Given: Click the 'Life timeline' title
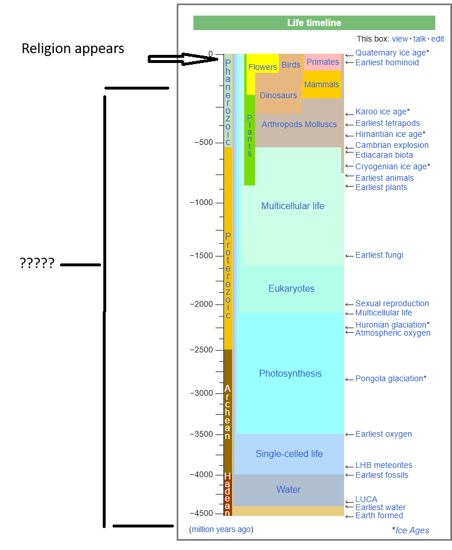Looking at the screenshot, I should point(314,23).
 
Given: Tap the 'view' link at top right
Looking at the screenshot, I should point(399,39).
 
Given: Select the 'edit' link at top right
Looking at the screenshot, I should point(437,39).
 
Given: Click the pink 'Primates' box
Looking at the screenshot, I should point(323,62).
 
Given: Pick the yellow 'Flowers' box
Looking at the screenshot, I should point(263,67).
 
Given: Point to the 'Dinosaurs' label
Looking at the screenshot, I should point(278,95).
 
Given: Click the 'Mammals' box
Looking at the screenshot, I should point(322,84).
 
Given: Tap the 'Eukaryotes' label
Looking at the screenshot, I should point(292,288).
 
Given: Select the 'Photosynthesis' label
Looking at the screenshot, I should point(290,373).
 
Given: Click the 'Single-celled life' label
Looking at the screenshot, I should point(289,454).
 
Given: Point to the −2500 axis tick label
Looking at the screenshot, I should point(201,350).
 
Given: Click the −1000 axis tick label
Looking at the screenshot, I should point(201,203).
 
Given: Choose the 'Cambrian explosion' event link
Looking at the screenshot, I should point(392,145).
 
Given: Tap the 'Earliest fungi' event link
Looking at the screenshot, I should point(379,255).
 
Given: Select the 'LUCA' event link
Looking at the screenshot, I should point(366,499).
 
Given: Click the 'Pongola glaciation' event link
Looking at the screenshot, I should point(389,378).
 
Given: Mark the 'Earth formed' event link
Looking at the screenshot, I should point(379,515).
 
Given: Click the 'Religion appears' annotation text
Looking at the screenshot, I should point(73,49).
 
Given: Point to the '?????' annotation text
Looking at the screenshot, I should point(37,264).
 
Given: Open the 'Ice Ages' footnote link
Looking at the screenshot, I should point(412,530).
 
